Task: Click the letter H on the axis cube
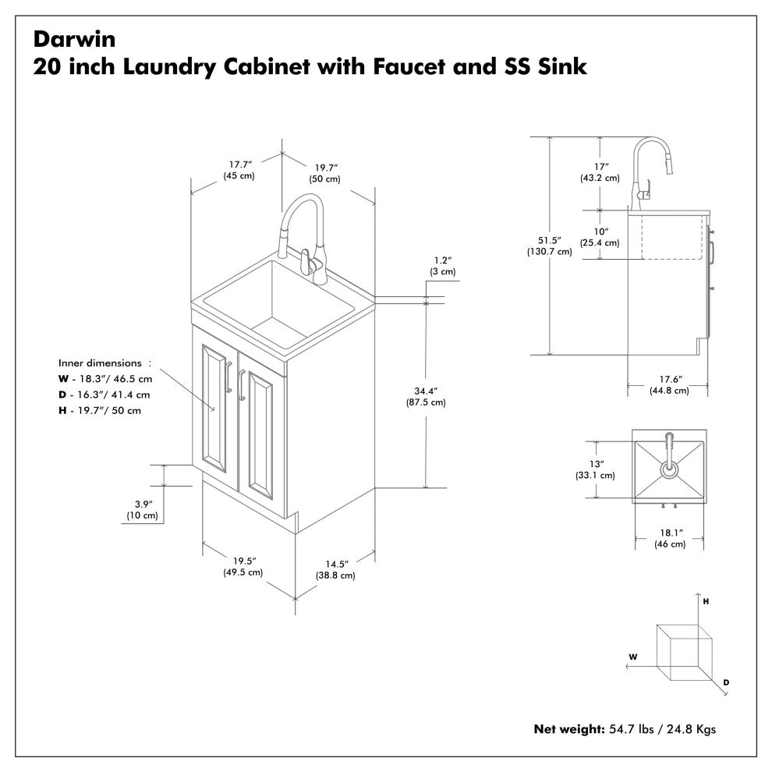click(705, 602)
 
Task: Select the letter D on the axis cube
click(726, 682)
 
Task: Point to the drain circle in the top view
click(669, 469)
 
